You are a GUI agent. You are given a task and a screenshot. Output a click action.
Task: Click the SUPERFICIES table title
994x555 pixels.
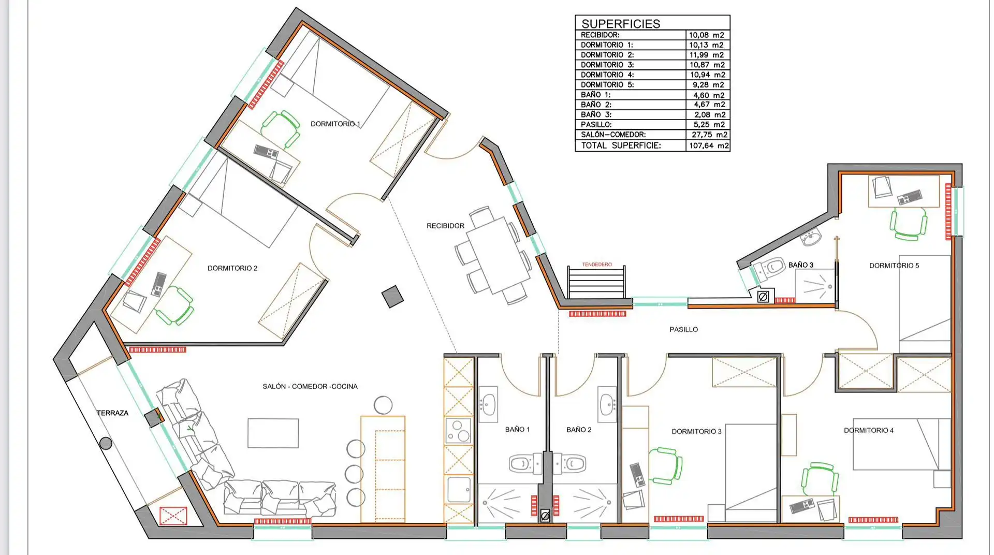tap(621, 24)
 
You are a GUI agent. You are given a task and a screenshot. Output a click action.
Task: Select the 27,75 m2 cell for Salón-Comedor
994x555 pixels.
tap(709, 135)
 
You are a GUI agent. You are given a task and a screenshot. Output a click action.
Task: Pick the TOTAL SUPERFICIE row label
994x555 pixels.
tap(621, 145)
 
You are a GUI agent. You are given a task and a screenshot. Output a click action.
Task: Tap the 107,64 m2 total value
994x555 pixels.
tap(709, 146)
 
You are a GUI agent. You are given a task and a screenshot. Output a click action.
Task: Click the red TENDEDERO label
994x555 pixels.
tap(597, 265)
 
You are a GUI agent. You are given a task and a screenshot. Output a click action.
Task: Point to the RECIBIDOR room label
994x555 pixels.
tap(445, 226)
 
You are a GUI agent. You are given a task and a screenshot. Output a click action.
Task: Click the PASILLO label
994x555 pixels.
tap(683, 329)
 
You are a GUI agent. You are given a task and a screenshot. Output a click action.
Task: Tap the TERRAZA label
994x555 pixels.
tap(112, 413)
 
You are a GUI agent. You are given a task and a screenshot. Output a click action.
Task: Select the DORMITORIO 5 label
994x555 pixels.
tap(894, 266)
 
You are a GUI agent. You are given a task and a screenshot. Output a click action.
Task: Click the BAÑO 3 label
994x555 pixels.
tap(800, 265)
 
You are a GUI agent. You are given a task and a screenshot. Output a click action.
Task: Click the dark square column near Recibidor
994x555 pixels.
tap(392, 297)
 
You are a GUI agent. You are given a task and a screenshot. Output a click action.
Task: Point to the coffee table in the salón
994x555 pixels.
tap(273, 433)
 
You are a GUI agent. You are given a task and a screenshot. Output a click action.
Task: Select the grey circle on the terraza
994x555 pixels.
tap(106, 443)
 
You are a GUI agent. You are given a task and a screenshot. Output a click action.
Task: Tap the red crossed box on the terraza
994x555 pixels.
tap(173, 516)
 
